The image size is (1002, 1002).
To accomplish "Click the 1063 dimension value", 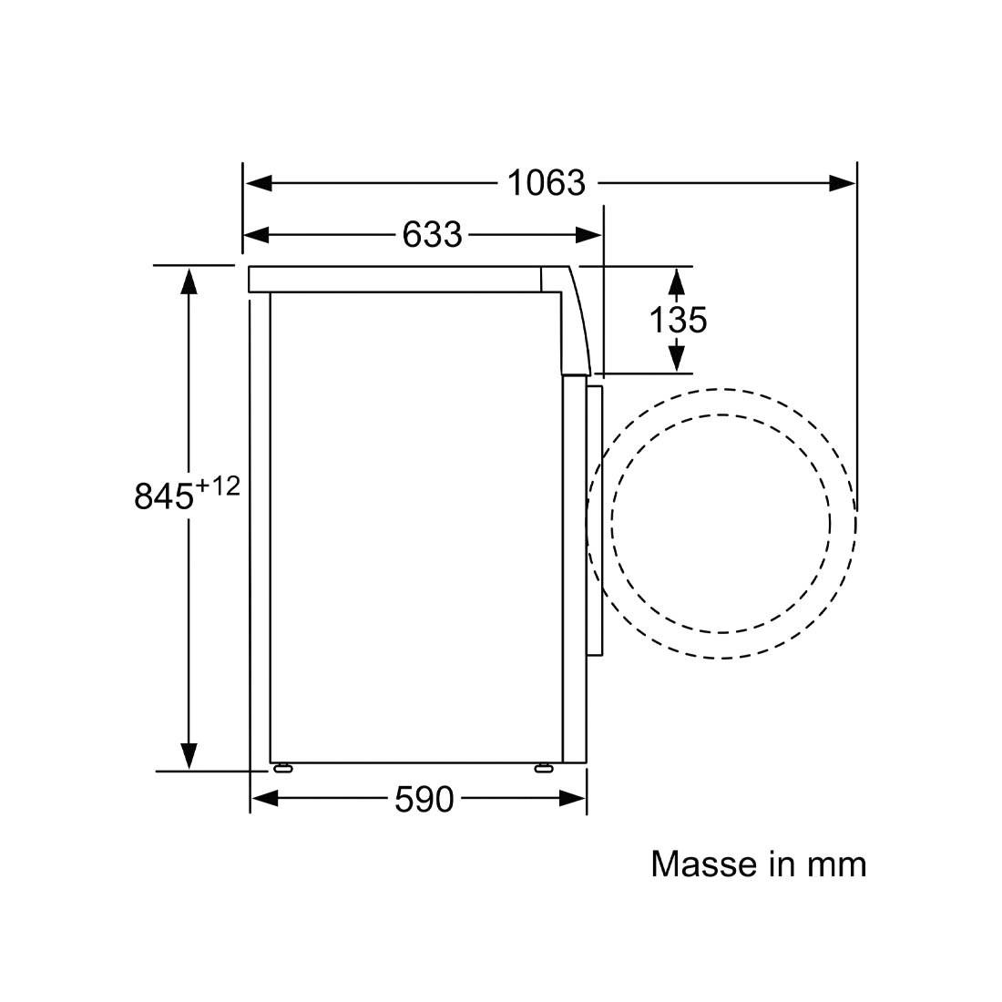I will point(546,183).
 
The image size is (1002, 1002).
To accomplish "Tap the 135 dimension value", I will point(677,320).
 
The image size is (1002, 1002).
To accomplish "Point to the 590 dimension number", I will point(424,800).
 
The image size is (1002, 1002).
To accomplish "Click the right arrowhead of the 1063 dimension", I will point(843,183).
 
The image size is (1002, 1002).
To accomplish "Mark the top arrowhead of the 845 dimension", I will point(189,280).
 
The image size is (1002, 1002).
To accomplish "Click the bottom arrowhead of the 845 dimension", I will point(189,756).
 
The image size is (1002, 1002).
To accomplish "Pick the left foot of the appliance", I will point(282,768).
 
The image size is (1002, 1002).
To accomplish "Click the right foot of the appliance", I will point(543,768).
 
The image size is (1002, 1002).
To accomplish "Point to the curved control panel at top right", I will point(576,319).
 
